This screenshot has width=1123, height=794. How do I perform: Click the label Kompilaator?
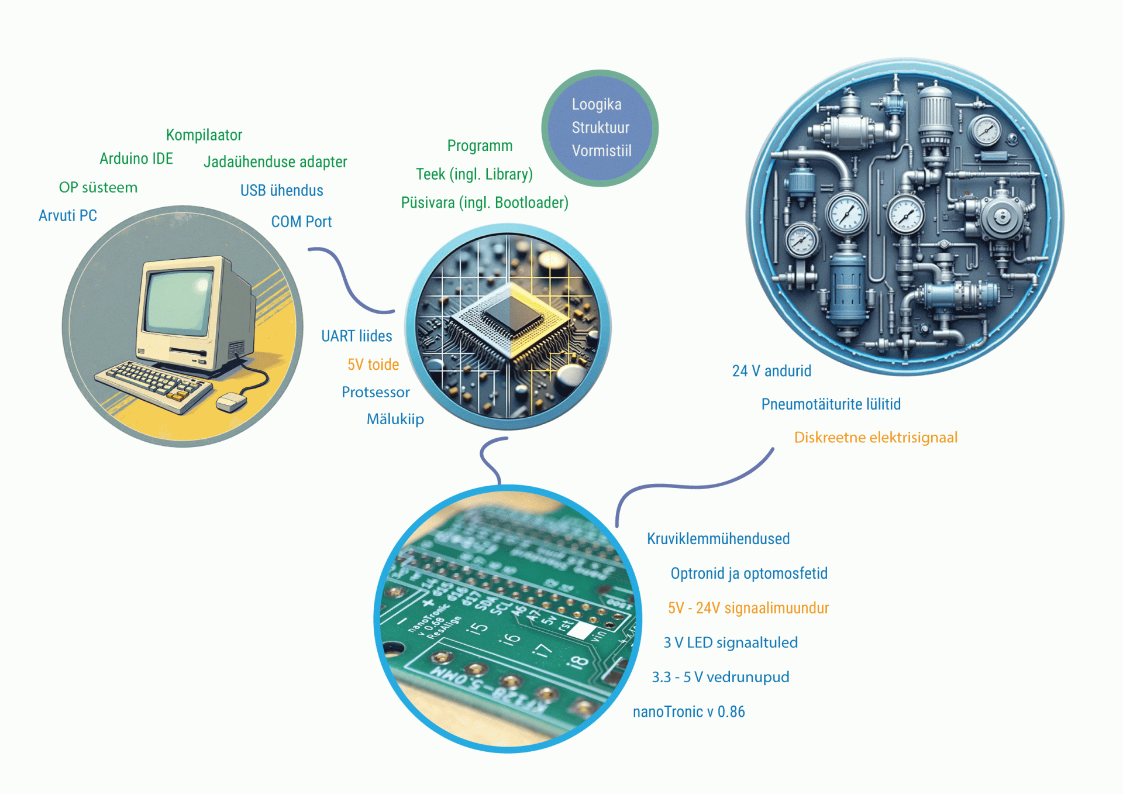(x=204, y=135)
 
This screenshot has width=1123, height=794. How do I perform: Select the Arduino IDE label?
(x=136, y=159)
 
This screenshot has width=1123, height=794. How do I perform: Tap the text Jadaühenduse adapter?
(x=275, y=162)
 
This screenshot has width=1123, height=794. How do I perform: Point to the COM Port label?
(x=301, y=222)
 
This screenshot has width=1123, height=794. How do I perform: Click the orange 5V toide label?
(x=373, y=365)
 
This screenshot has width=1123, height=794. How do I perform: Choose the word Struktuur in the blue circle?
(x=600, y=128)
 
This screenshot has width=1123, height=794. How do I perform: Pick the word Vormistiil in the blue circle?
(x=601, y=151)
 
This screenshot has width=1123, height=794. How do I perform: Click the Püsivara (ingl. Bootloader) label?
(x=484, y=202)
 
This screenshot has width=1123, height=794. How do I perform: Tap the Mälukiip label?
(x=395, y=419)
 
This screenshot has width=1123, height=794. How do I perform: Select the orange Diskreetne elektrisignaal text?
(x=875, y=438)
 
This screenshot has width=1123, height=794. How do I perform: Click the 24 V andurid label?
(x=771, y=371)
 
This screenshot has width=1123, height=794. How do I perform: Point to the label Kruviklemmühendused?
(x=718, y=539)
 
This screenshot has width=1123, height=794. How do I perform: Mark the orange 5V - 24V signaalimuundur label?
(x=748, y=608)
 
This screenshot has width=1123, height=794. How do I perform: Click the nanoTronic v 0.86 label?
(x=688, y=711)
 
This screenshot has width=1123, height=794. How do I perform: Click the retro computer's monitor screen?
(x=178, y=302)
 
